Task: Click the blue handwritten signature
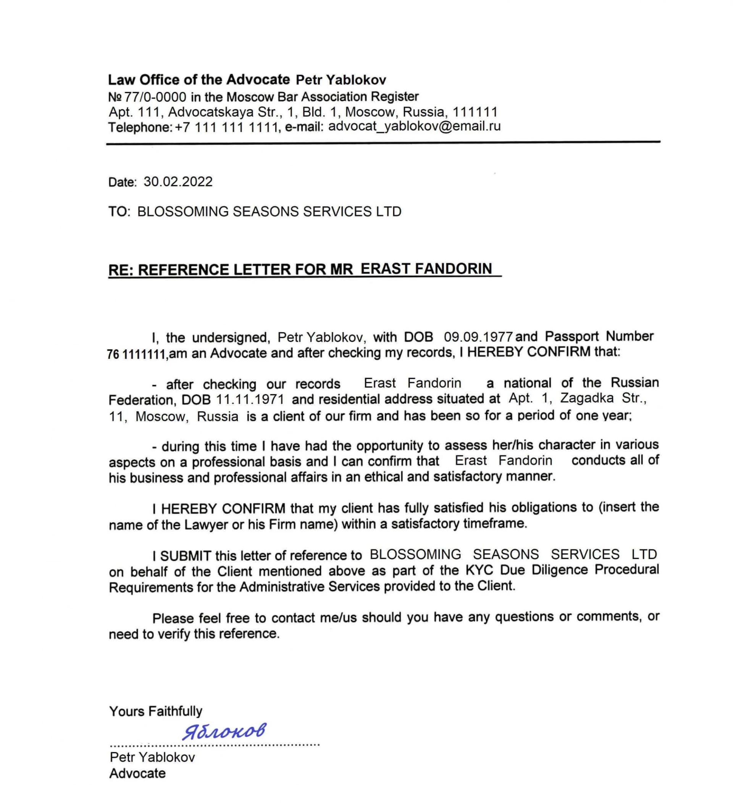tap(224, 731)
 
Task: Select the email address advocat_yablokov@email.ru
tap(414, 126)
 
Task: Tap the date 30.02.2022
tap(178, 182)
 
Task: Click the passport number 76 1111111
tap(136, 354)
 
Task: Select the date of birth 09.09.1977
tap(478, 337)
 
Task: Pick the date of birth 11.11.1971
tap(250, 399)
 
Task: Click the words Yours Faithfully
tap(155, 711)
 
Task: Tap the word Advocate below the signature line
tap(137, 773)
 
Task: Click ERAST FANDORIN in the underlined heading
tap(426, 268)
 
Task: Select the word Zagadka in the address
tap(586, 398)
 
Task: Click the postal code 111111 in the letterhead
tap(475, 111)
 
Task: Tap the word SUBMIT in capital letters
tap(186, 556)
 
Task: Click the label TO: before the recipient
tap(119, 212)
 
